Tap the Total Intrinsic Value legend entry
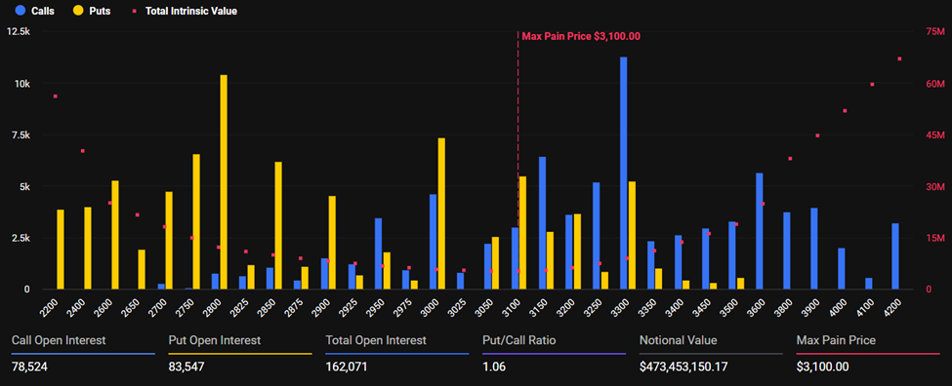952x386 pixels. tap(186, 11)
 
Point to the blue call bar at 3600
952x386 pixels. tap(759, 231)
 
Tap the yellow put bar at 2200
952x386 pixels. tap(61, 250)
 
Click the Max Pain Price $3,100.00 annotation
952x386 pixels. tap(581, 36)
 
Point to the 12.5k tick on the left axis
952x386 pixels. tap(20, 32)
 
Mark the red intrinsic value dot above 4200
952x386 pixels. tap(899, 59)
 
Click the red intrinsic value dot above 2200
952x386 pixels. tap(55, 96)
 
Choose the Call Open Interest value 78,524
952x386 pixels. tap(31, 367)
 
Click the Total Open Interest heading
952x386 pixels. tap(376, 340)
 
